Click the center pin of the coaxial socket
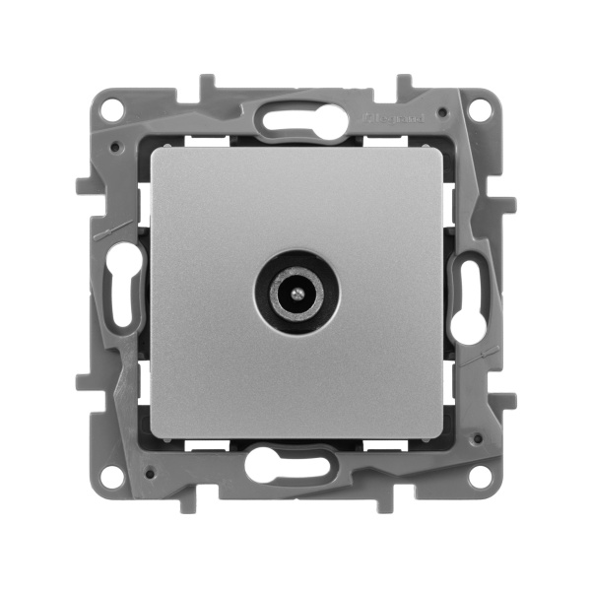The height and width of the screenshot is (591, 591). point(295,294)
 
